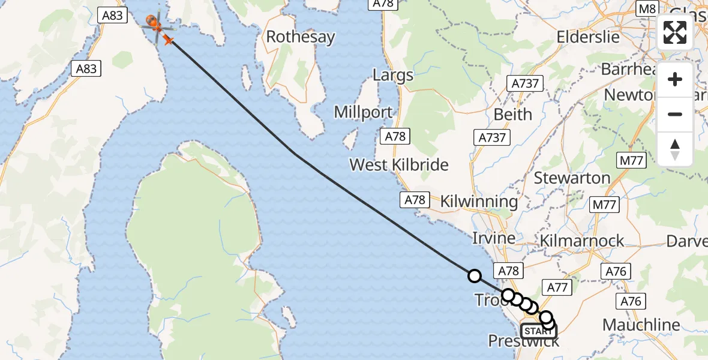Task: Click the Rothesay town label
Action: click(x=301, y=37)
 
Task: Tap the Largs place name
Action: click(x=393, y=76)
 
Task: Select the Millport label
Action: click(x=364, y=112)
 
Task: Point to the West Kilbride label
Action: click(x=399, y=164)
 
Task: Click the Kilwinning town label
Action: click(x=479, y=202)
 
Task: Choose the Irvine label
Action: click(x=494, y=238)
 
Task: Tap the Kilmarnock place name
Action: click(x=582, y=241)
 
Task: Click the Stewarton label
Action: click(x=572, y=178)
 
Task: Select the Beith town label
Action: click(x=512, y=114)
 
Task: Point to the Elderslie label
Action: click(x=588, y=37)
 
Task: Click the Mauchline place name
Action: click(x=641, y=325)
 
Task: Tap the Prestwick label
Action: click(x=524, y=341)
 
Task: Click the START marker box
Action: click(x=538, y=331)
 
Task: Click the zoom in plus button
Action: click(x=675, y=80)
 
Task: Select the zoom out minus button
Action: click(x=675, y=114)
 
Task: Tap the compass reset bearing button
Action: click(x=675, y=149)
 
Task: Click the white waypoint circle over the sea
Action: click(x=474, y=276)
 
